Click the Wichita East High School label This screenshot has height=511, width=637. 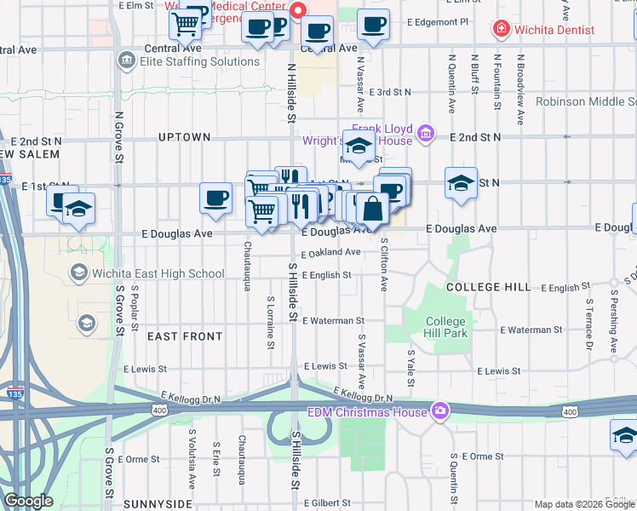tap(158, 273)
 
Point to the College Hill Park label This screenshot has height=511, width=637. tap(446, 327)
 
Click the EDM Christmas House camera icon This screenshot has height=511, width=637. tap(439, 411)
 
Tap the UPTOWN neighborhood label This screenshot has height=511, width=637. tap(184, 137)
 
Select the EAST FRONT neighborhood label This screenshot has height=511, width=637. tap(185, 336)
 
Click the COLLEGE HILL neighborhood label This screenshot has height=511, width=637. tap(489, 287)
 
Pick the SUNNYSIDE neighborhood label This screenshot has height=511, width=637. tap(158, 504)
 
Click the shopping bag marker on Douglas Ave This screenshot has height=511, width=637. tap(373, 208)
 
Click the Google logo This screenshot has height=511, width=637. tap(28, 501)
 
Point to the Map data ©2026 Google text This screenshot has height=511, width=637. tap(584, 504)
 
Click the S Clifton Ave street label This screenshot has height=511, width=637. tap(384, 265)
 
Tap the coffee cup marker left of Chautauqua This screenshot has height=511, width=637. tap(215, 198)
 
